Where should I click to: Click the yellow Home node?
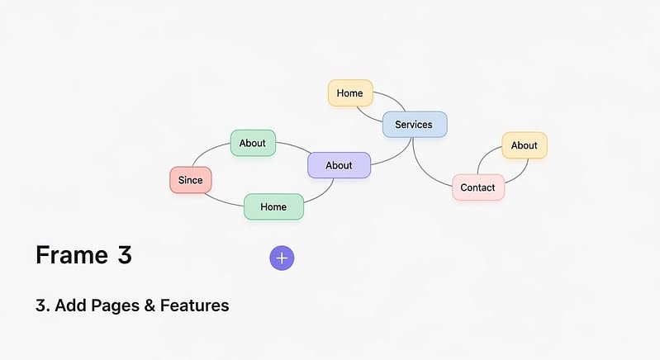pyautogui.click(x=350, y=93)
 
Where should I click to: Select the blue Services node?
pyautogui.click(x=415, y=125)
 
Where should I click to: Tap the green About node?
pyautogui.click(x=253, y=143)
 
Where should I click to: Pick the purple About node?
pyautogui.click(x=339, y=165)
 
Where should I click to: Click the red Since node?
pyautogui.click(x=191, y=180)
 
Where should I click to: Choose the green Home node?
pyautogui.click(x=273, y=206)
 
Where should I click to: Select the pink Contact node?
pyautogui.click(x=478, y=187)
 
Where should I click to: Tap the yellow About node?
pyautogui.click(x=525, y=145)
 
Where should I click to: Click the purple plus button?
pyautogui.click(x=282, y=258)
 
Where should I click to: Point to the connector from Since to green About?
pyautogui.click(x=207, y=150)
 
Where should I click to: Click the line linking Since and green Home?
pyautogui.click(x=223, y=201)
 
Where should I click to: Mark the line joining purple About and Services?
pyautogui.click(x=396, y=155)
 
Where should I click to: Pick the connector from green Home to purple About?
pyautogui.click(x=322, y=194)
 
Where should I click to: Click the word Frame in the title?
pyautogui.click(x=72, y=255)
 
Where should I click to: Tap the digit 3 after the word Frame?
pyautogui.click(x=125, y=255)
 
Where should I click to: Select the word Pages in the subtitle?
pyautogui.click(x=115, y=306)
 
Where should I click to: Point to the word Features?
pyautogui.click(x=194, y=306)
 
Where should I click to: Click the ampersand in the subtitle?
pyautogui.click(x=150, y=306)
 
